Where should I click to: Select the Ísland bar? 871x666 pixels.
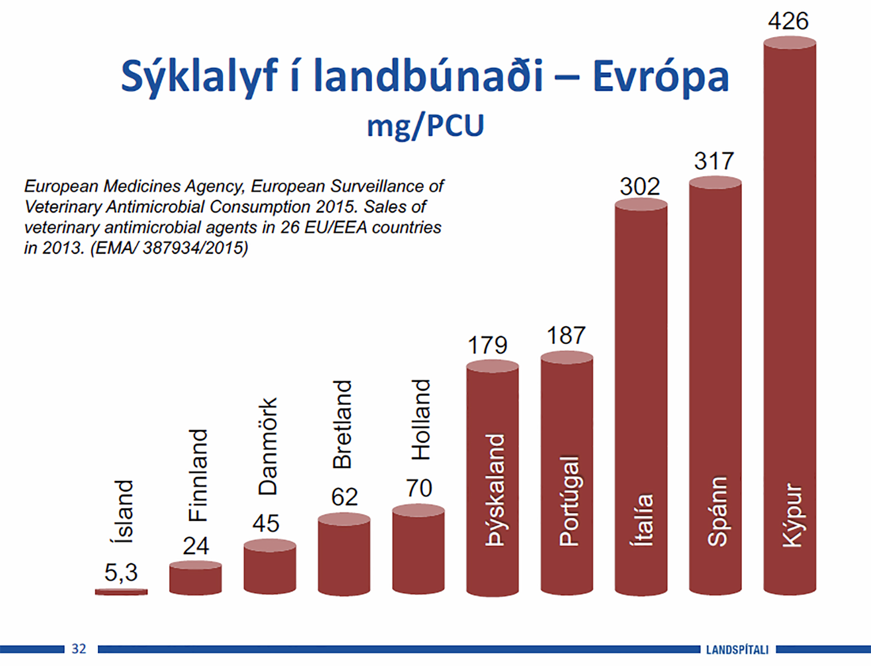pos(121,592)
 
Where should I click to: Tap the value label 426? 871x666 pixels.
pos(788,21)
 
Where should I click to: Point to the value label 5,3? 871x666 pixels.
pos(121,572)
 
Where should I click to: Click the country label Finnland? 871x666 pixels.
pos(198,475)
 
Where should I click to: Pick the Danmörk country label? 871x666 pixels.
pos(268,446)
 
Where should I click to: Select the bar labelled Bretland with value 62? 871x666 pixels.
pos(344,554)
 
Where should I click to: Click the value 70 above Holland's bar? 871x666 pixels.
pos(419,488)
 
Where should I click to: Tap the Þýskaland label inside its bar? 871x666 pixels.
pos(494,490)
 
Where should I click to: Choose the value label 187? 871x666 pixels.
pos(566,335)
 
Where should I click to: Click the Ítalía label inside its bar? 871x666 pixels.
pos(642,520)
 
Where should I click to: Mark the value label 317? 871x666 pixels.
pos(714,161)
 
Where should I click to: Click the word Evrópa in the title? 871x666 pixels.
pos(661,76)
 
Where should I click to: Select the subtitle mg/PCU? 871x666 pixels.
pos(426,126)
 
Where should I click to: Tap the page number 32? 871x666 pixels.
pos(79,649)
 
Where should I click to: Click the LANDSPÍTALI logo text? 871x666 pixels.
pos(737,650)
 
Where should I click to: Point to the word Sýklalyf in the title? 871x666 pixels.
pos(199,76)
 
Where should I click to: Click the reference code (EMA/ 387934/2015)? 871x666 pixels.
pos(169,247)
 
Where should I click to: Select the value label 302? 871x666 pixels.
pos(639,186)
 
